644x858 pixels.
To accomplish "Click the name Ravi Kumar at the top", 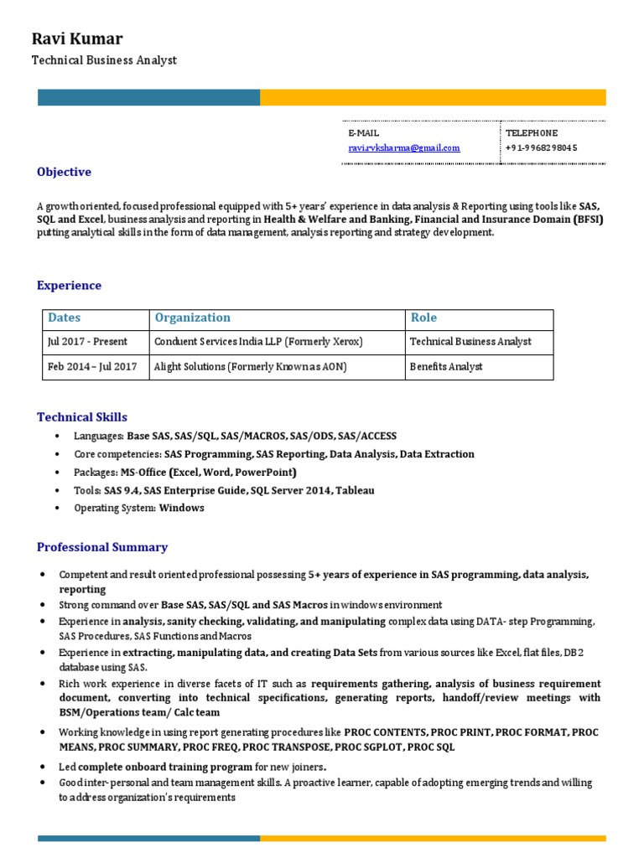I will click(76, 39).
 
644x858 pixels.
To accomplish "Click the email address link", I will click(403, 148).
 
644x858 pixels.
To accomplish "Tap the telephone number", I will click(541, 148).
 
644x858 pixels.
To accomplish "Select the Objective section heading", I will click(64, 172).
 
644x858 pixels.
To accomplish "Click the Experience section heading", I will click(69, 286).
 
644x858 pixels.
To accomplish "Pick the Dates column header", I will click(65, 318).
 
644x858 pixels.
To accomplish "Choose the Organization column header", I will click(192, 318).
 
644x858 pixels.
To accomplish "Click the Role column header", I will click(423, 318).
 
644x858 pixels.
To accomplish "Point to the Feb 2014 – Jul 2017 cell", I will click(92, 367).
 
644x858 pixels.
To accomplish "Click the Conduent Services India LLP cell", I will click(258, 342).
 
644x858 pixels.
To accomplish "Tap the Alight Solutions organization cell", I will click(250, 367).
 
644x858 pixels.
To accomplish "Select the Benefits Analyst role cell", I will click(446, 367).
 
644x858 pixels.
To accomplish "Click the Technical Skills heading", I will click(82, 417).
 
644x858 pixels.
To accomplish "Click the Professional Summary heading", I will click(102, 547).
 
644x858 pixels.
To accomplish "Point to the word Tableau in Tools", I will click(356, 490).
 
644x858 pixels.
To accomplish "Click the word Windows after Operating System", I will click(181, 508).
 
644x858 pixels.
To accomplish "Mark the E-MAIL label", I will click(363, 133).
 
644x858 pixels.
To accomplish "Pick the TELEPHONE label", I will click(532, 133).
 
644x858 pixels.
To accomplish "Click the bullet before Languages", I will click(56, 437).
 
